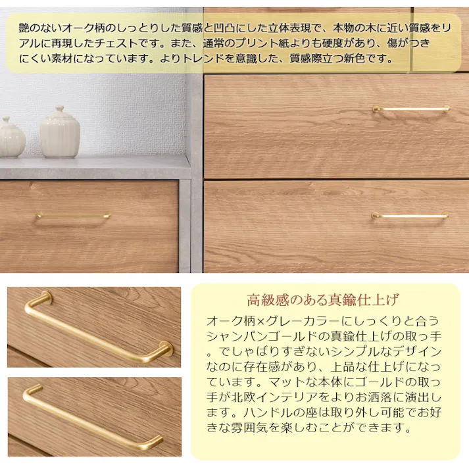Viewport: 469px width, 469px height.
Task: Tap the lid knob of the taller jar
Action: (x=60, y=109)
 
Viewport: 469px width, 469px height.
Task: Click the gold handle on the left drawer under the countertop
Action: (x=72, y=216)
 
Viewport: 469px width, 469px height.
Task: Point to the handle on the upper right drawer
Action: (x=411, y=109)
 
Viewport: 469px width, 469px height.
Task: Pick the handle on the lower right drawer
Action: (x=409, y=215)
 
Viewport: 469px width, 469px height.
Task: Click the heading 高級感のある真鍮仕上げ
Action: (x=323, y=301)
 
